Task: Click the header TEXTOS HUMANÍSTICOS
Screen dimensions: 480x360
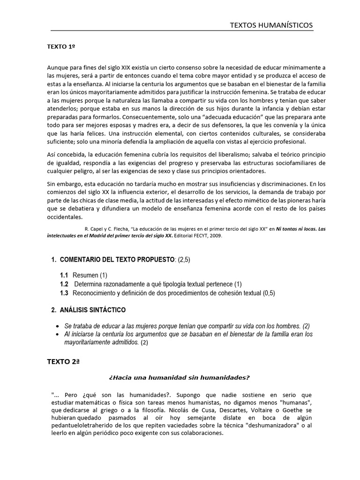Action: point(271,25)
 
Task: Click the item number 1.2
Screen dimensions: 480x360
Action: point(64,284)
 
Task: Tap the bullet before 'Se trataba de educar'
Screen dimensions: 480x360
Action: point(57,326)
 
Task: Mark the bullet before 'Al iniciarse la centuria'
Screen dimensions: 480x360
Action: point(57,334)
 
